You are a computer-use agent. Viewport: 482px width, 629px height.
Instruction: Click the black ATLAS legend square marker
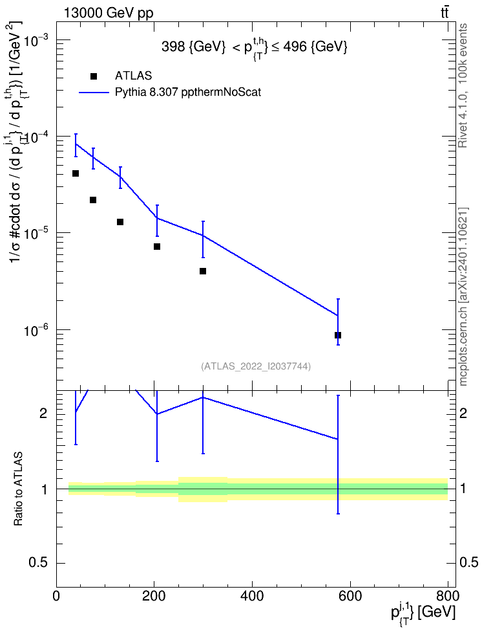[x=94, y=76]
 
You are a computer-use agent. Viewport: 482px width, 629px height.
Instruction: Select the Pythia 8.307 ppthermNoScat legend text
[x=188, y=93]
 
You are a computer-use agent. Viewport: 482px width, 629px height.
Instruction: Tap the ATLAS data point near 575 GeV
[x=338, y=335]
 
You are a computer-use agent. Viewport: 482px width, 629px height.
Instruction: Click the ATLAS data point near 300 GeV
[x=203, y=271]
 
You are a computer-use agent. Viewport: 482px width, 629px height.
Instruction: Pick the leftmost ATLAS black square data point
[x=76, y=173]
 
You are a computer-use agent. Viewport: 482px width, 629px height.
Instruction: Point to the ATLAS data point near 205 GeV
[x=157, y=247]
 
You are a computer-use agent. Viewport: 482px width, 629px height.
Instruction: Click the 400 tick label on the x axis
[x=252, y=596]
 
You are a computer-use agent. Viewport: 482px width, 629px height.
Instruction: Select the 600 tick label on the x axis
[x=350, y=596]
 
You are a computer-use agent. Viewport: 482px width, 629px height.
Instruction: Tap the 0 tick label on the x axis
[x=56, y=596]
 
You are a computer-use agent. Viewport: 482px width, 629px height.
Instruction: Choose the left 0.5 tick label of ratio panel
[x=39, y=563]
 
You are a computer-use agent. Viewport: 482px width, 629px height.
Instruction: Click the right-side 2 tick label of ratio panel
[x=463, y=413]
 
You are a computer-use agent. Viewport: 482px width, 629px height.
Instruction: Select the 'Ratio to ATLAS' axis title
[x=17, y=489]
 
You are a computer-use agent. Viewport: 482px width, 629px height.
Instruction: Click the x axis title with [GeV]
[x=423, y=612]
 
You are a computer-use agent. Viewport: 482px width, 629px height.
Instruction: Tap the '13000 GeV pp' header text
[x=108, y=14]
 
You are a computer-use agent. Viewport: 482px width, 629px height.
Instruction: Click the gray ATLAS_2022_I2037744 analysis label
[x=256, y=366]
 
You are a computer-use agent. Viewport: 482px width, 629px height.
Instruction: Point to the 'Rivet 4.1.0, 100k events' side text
[x=463, y=85]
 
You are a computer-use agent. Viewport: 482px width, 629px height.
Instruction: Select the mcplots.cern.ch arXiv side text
[x=463, y=296]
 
